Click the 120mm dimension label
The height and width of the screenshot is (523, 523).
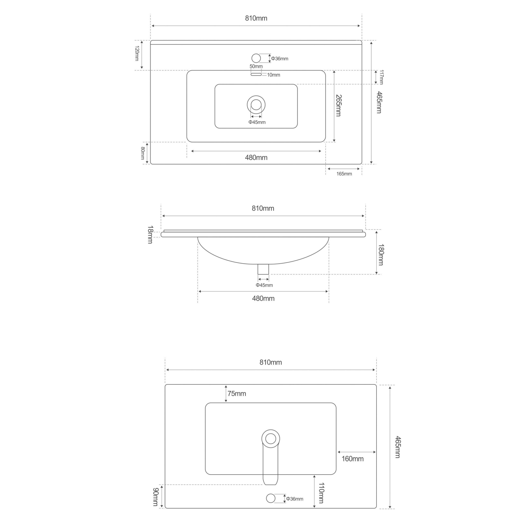click(x=137, y=53)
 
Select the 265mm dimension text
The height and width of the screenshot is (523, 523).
click(x=338, y=106)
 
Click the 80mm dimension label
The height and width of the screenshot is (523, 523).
click(x=143, y=153)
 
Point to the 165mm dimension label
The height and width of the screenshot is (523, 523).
click(x=344, y=174)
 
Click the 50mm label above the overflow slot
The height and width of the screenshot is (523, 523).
click(x=256, y=66)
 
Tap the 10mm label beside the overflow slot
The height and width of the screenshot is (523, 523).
click(x=273, y=75)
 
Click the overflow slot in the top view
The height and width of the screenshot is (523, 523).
click(x=256, y=74)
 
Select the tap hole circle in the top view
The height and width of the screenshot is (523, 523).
click(x=256, y=58)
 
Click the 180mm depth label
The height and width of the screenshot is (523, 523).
click(x=381, y=255)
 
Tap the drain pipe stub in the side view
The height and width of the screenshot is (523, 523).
click(x=263, y=269)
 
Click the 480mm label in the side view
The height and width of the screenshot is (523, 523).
click(x=263, y=299)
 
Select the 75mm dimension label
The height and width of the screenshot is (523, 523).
click(x=237, y=394)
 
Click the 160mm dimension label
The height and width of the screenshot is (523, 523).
click(x=352, y=459)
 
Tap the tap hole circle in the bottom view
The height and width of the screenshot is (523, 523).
click(x=270, y=498)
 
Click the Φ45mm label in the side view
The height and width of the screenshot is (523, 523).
click(x=264, y=285)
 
